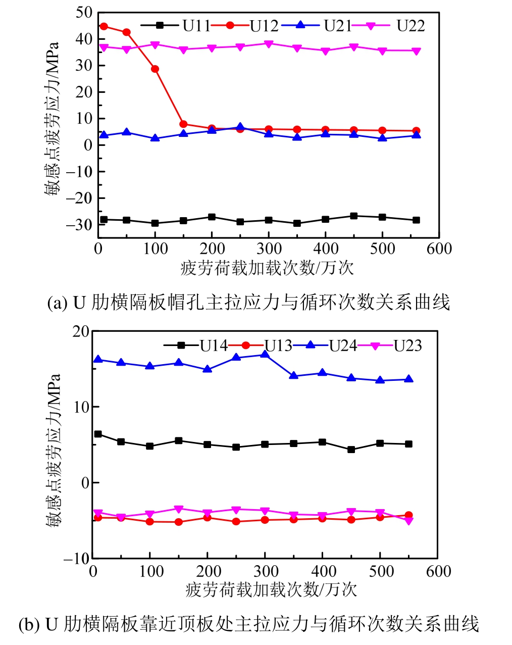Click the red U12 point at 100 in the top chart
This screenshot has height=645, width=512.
[155, 69]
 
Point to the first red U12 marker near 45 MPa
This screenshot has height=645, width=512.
[104, 26]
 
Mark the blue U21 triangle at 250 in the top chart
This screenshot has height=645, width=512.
[240, 127]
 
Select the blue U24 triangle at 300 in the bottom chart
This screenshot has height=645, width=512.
[265, 355]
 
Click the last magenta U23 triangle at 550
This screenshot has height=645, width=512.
[409, 521]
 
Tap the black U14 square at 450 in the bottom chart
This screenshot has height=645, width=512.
[351, 450]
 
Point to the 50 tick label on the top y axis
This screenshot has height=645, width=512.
[83, 12]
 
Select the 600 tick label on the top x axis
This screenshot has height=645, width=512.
[439, 249]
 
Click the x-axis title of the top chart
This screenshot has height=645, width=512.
[267, 268]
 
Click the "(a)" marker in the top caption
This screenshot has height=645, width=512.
[57, 303]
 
